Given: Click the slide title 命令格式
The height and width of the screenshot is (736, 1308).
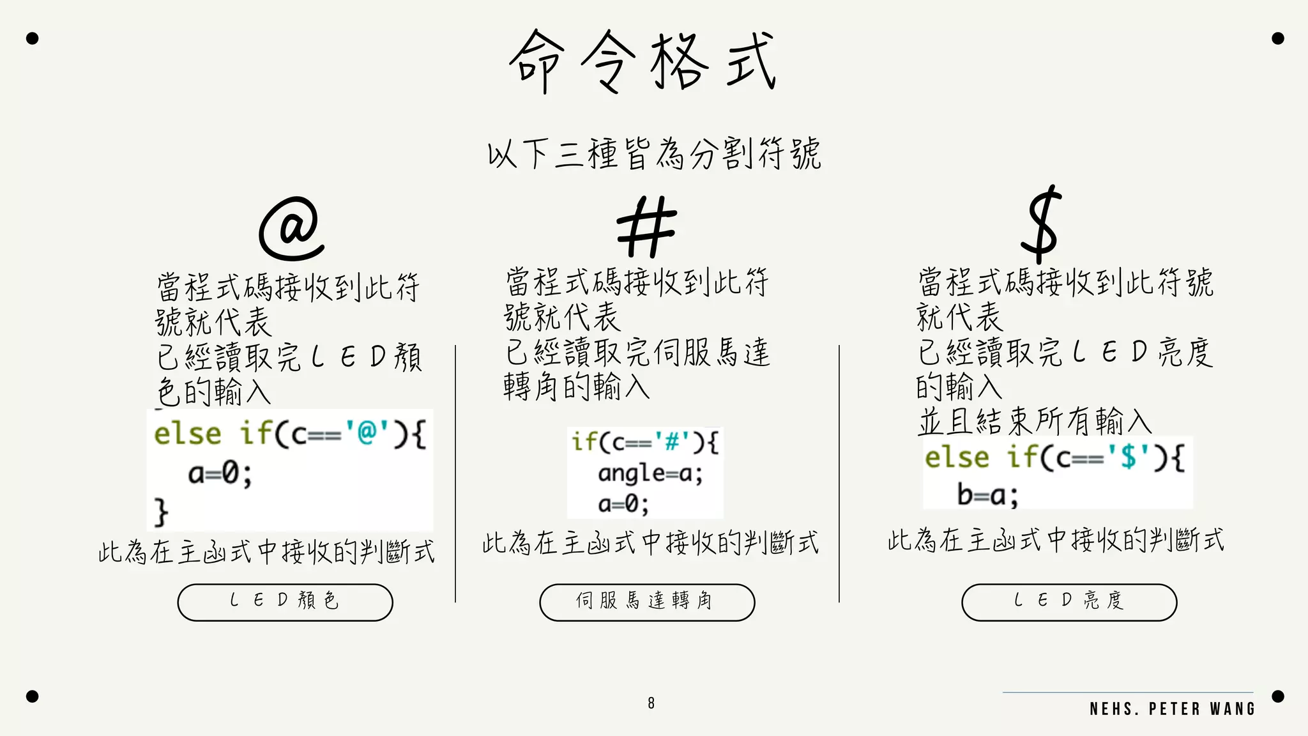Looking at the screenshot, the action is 643,61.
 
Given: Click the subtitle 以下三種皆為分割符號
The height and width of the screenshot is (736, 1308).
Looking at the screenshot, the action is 654,154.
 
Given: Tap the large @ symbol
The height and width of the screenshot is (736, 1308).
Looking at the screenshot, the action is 292,228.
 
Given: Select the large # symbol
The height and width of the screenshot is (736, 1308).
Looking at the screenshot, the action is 646,227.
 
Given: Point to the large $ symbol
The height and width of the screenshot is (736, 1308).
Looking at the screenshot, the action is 1042,224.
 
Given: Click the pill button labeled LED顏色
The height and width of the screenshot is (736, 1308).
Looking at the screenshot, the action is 285,602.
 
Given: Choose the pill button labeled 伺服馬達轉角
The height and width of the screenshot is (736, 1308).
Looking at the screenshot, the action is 647,602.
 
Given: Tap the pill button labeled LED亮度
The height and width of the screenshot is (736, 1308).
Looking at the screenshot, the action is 1069,602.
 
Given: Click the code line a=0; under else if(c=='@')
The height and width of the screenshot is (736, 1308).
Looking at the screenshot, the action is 220,473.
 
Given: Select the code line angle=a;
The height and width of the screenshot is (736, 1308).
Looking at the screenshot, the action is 650,473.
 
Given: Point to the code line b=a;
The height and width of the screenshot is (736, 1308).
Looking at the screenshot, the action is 987,494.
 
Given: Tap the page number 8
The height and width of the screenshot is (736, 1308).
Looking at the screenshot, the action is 651,703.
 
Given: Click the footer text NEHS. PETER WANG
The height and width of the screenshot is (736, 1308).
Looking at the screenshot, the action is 1173,709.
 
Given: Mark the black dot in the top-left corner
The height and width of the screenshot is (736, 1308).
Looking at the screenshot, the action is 33,38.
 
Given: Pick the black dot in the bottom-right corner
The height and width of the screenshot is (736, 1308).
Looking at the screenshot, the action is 1278,696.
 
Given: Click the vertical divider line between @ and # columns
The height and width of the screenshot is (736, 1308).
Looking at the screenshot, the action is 455,473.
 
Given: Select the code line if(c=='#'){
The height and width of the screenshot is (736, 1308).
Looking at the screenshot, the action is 645,441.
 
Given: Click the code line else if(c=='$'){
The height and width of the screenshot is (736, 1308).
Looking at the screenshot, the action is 1054,457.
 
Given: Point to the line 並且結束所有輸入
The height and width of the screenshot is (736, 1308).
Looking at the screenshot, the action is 1035,421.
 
